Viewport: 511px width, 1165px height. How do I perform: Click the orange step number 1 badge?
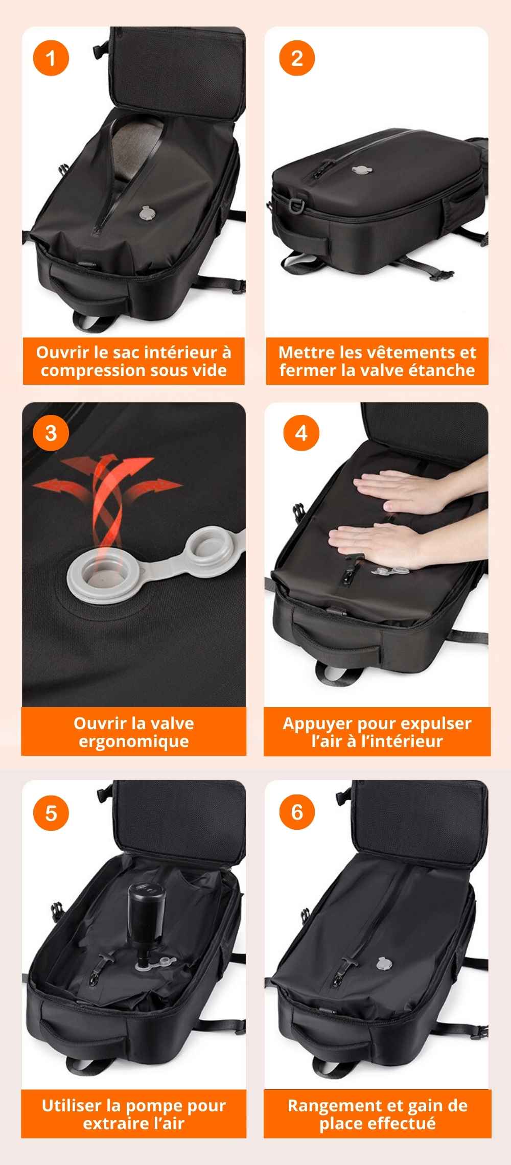click(x=51, y=58)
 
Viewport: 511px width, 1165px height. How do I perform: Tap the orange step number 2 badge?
click(x=297, y=58)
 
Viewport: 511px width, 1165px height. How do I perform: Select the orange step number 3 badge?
click(x=51, y=433)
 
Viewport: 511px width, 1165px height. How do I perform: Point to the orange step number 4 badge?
click(x=301, y=433)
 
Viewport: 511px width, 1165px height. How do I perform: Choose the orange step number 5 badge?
click(x=51, y=812)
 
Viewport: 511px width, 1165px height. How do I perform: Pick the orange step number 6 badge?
click(x=297, y=812)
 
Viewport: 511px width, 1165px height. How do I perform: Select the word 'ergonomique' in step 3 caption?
click(x=134, y=741)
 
